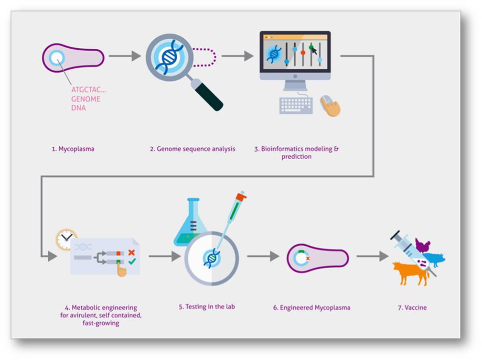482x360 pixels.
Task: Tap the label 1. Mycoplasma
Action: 73,149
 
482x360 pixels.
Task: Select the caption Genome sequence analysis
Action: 196,149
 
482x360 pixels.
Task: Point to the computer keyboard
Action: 296,106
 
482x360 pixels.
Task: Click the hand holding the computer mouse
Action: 331,106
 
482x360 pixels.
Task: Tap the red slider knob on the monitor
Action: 303,53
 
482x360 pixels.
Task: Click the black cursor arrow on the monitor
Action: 314,51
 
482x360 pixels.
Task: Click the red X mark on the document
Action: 131,252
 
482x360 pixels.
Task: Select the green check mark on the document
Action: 132,262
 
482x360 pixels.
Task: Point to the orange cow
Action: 410,273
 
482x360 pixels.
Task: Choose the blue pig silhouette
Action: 435,260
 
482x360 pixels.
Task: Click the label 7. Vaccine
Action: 412,308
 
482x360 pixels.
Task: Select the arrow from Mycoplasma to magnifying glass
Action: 125,56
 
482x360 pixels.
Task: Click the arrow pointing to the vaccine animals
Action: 373,256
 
